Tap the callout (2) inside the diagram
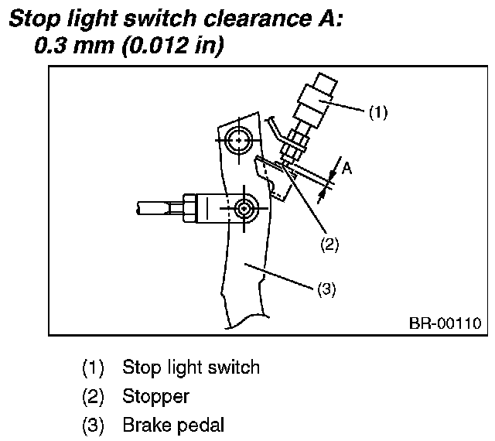tap(329, 244)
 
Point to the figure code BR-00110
tap(445, 323)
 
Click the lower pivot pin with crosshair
tap(244, 208)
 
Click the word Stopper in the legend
tap(155, 396)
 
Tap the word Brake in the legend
tap(143, 425)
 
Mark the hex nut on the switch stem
tap(295, 143)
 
